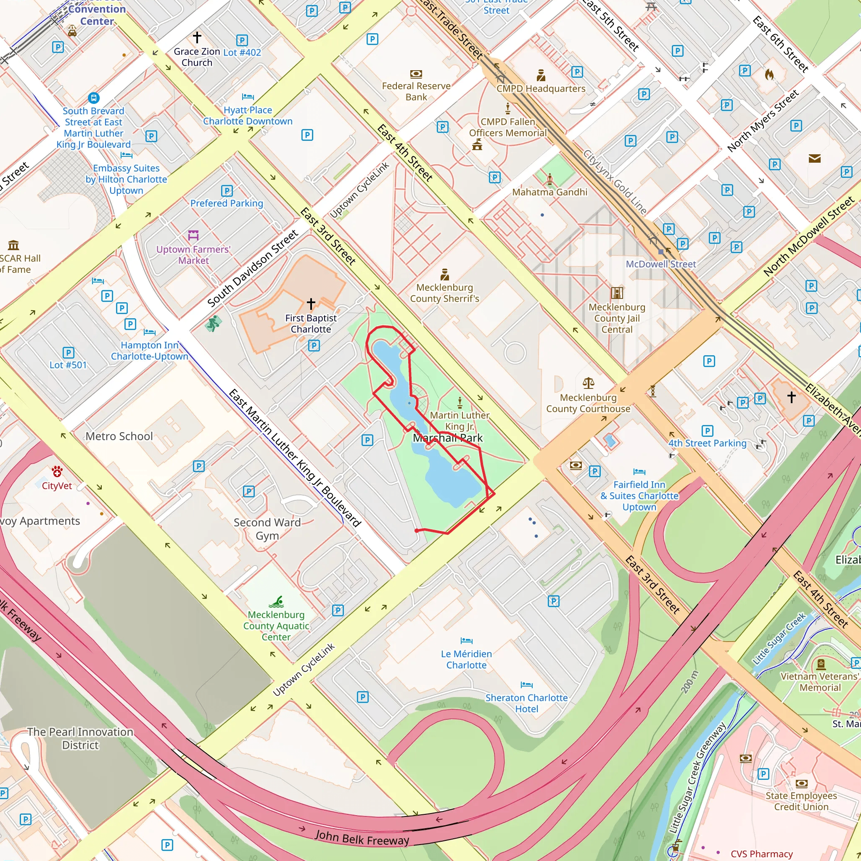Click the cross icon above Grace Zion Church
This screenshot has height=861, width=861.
(197, 37)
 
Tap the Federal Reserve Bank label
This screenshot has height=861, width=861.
(416, 91)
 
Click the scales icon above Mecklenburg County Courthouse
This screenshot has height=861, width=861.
(588, 383)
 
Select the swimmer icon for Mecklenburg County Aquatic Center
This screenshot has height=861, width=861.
(277, 602)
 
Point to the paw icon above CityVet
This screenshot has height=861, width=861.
(57, 471)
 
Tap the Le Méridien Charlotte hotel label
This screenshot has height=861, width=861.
(466, 659)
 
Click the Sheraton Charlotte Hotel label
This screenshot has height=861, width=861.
(526, 703)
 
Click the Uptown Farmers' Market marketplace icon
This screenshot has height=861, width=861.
(193, 235)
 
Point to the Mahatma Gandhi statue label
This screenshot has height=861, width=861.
(549, 192)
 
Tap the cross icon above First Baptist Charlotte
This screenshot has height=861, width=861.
(311, 304)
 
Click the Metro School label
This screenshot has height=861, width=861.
(119, 436)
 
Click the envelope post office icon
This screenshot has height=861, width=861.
(815, 158)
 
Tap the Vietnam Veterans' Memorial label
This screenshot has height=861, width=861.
(819, 682)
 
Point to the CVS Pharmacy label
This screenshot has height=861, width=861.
(762, 853)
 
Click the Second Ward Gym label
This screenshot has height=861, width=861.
(267, 528)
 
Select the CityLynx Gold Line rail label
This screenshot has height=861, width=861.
(615, 181)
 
